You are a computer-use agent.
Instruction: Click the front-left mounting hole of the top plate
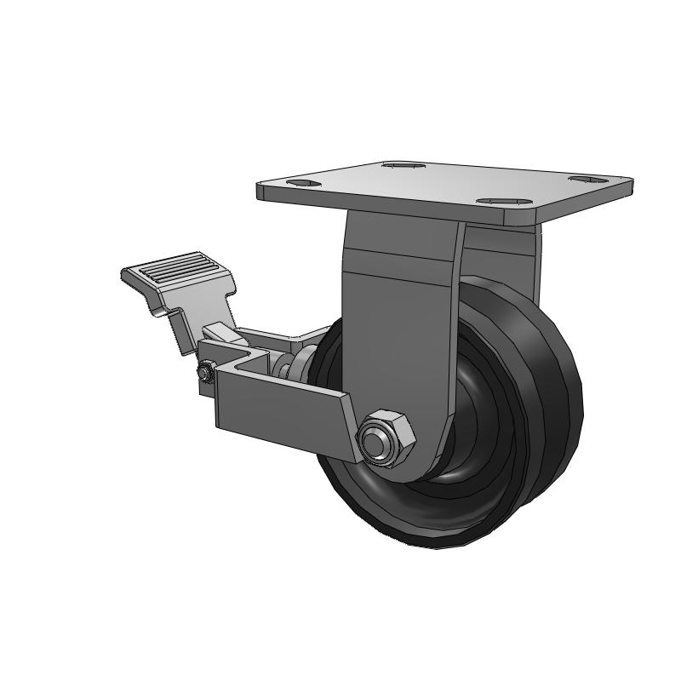coord(301,182)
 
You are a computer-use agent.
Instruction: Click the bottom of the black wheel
coord(443,541)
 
